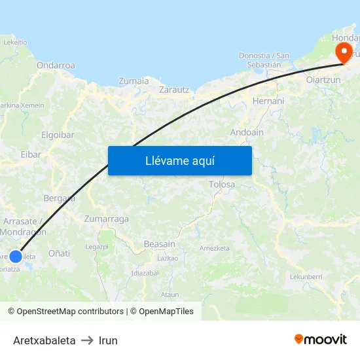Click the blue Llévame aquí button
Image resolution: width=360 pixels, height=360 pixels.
[179, 160]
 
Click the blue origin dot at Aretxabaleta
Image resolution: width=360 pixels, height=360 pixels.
[16, 257]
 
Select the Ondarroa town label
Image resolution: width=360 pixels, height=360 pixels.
[56, 65]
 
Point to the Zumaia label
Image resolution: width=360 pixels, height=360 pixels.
[134, 81]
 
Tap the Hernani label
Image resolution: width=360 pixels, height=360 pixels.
[268, 101]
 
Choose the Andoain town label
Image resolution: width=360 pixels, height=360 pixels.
[247, 132]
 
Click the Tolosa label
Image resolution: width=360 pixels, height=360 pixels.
[221, 185]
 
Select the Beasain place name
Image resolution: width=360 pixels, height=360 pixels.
[159, 244]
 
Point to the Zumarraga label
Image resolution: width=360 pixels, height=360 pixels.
[107, 219]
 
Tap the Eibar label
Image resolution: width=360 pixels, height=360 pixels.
[31, 154]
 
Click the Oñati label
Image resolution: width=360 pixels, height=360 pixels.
[59, 253]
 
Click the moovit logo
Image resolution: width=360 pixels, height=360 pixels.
[320, 339]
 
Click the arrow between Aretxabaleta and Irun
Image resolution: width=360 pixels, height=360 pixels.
[87, 341]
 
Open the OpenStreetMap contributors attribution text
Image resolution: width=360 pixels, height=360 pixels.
[70, 312]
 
